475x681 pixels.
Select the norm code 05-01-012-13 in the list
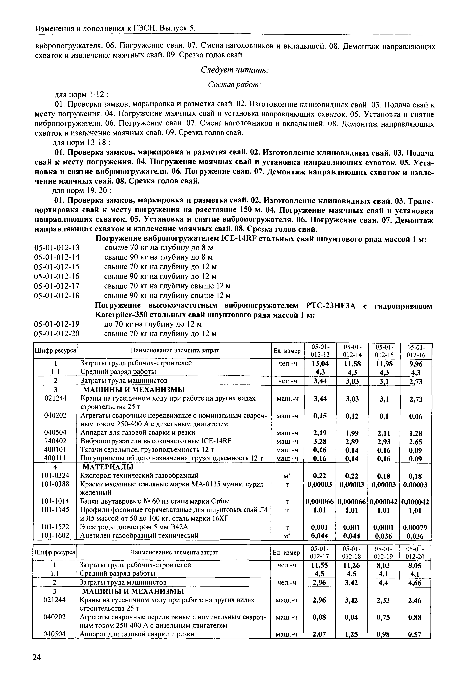point(57,248)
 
